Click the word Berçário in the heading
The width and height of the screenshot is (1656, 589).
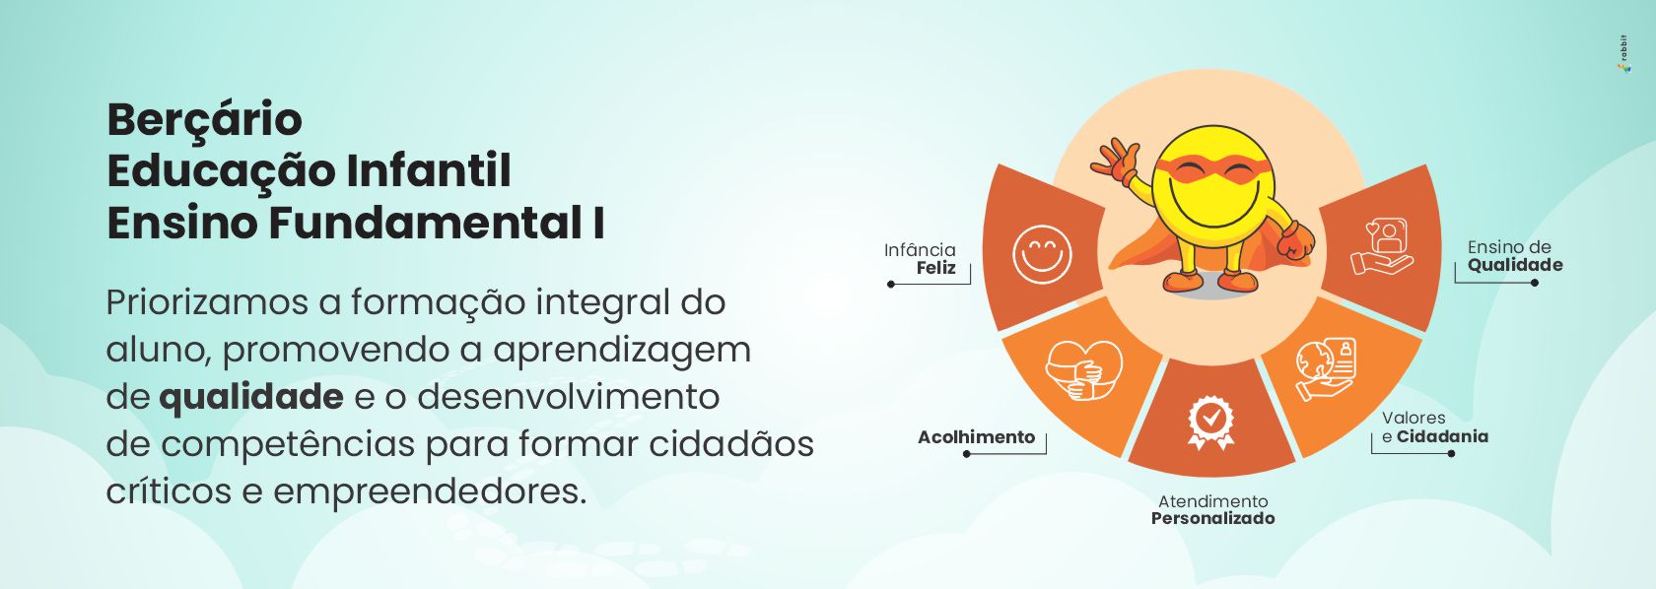[x=205, y=120]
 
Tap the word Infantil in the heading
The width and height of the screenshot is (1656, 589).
[x=429, y=170]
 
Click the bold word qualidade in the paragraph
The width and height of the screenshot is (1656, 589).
[x=251, y=398]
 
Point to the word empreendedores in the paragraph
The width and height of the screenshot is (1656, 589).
[x=430, y=491]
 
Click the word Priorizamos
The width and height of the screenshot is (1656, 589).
[x=207, y=303]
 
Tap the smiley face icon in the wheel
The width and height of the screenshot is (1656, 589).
[x=1042, y=254]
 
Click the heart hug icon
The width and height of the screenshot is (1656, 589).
[x=1083, y=369]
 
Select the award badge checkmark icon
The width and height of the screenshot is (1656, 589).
[x=1210, y=423]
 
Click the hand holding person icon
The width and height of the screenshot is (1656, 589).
[x=1381, y=246]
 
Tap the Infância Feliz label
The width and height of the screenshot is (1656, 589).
[x=921, y=259]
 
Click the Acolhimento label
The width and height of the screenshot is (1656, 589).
[x=977, y=436]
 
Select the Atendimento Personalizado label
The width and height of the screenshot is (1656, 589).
[x=1213, y=510]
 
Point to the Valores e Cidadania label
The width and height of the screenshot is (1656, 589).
[x=1434, y=427]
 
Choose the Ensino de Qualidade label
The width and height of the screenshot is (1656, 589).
[x=1515, y=256]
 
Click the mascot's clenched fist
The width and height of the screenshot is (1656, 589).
[x=1297, y=241]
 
